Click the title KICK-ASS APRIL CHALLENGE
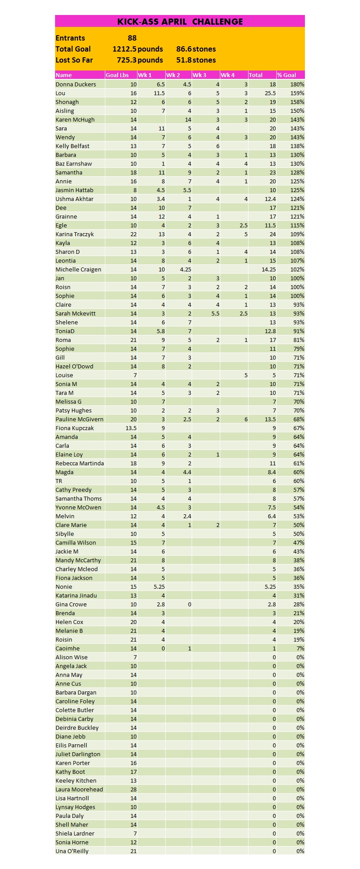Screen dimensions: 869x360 180,22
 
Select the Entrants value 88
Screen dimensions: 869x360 132,38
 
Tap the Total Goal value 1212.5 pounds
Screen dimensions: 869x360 137,49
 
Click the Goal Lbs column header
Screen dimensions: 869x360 117,75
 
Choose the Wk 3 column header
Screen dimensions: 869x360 200,75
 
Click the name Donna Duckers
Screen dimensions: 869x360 75,84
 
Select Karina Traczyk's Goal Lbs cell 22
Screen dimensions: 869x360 133,234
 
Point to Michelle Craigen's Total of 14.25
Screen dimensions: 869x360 268,269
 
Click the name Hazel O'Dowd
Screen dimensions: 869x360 74,366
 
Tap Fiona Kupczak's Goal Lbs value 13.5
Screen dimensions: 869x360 131,428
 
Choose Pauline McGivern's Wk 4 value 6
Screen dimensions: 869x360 246,419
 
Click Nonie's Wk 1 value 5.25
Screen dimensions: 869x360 159,587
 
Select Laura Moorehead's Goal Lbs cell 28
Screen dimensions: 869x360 133,789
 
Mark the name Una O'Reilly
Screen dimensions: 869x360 72,851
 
